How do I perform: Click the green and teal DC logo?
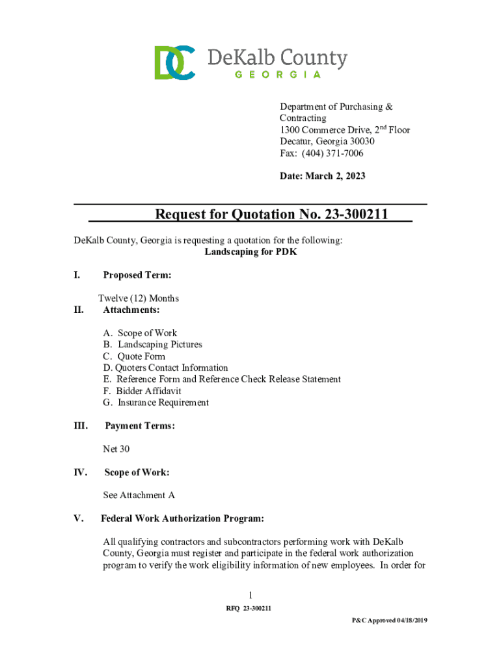click(175, 62)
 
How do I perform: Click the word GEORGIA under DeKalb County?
click(277, 74)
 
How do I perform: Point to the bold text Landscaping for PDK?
click(251, 252)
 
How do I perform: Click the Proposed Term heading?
click(137, 275)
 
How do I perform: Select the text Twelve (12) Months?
click(139, 299)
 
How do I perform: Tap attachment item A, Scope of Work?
click(140, 333)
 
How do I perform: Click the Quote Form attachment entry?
click(135, 356)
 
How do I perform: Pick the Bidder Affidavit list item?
click(142, 391)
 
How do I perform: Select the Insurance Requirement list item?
click(156, 403)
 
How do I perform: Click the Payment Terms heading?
click(140, 426)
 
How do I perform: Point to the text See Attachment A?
click(139, 496)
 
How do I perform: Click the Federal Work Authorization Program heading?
click(183, 518)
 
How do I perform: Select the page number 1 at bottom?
click(251, 596)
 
